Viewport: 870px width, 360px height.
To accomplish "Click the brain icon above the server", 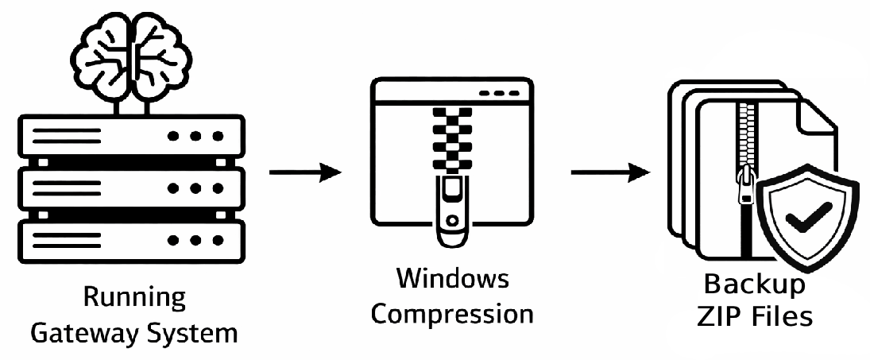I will (x=133, y=52).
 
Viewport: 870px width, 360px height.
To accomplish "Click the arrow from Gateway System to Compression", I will (x=305, y=172).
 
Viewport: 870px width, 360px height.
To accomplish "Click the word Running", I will (x=134, y=300).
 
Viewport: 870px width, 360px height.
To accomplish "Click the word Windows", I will (x=452, y=280).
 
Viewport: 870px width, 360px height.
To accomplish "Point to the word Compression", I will (x=452, y=314).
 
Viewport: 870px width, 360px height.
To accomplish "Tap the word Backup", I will (x=756, y=284).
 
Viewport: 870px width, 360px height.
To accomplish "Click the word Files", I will (x=782, y=316).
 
